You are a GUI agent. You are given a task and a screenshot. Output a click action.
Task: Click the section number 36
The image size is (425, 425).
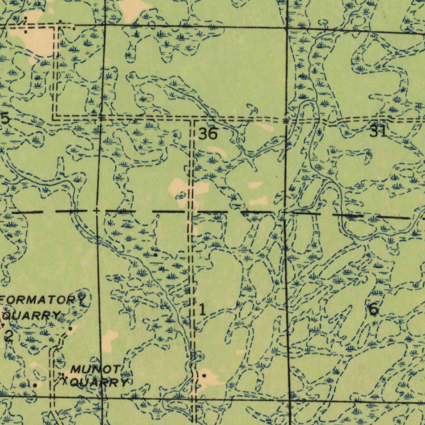(x=208, y=134)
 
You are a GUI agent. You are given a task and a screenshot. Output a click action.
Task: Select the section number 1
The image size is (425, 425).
(x=202, y=310)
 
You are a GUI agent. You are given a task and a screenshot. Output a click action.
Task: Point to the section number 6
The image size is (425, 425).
(x=373, y=309)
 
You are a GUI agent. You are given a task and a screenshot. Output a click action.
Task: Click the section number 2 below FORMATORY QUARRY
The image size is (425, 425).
(x=8, y=336)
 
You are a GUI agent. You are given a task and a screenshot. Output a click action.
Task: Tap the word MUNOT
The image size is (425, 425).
(x=96, y=369)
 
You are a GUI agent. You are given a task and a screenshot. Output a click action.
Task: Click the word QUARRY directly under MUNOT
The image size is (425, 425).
(x=98, y=382)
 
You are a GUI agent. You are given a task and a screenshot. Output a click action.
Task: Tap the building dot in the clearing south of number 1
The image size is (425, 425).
(x=204, y=375)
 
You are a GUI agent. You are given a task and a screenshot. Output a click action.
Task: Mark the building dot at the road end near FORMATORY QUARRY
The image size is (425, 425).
(x=71, y=329)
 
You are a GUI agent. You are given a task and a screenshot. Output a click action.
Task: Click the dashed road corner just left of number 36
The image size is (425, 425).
(x=192, y=121)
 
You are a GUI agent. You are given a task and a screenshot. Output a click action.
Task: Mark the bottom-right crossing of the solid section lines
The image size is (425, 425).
(x=289, y=401)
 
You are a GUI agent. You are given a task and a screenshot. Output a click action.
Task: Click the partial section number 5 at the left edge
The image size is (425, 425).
(x=5, y=119)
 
